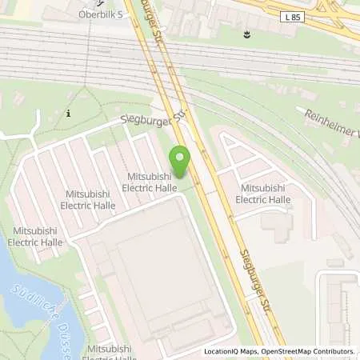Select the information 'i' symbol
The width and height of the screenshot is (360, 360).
click(69, 114)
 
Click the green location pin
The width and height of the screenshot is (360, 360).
click(180, 160)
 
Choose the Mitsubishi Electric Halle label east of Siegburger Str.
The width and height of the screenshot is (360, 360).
click(265, 194)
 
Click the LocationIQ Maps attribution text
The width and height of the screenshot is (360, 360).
click(232, 351)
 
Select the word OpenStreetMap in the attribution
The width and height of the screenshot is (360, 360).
click(291, 351)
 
